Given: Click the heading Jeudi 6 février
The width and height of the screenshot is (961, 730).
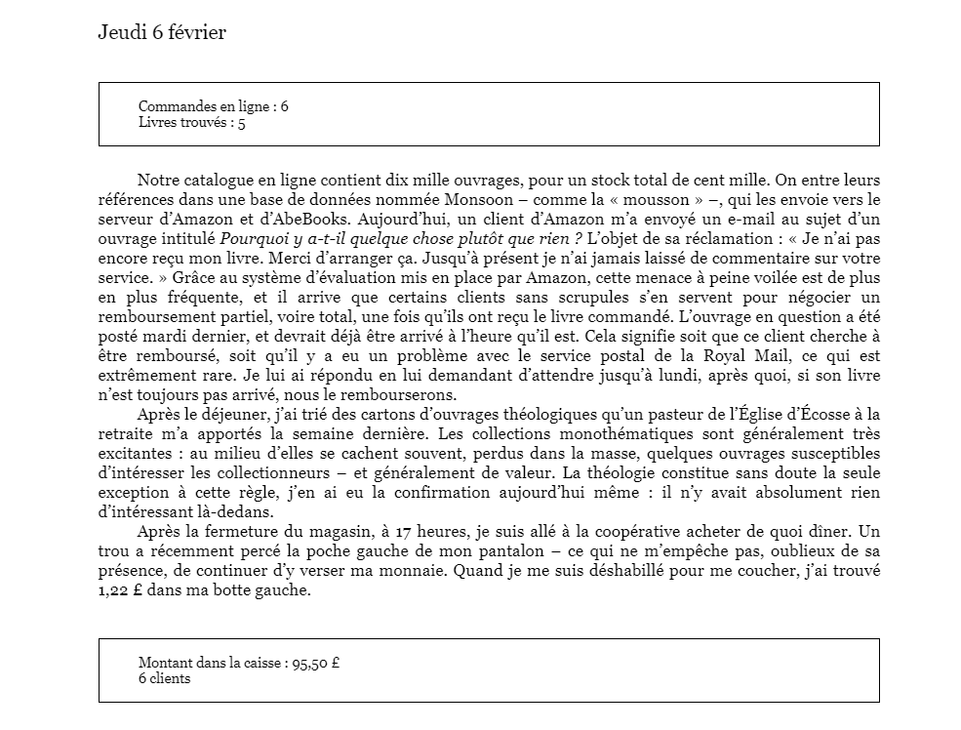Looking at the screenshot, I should tap(162, 33).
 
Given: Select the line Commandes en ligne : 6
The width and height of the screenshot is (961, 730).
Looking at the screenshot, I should tap(213, 106).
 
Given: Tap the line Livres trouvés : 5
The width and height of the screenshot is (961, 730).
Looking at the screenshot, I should tap(191, 123).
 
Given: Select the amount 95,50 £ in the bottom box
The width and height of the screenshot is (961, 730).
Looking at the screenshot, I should tap(315, 663).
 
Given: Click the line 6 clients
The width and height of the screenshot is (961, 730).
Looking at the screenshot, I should tap(164, 678).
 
